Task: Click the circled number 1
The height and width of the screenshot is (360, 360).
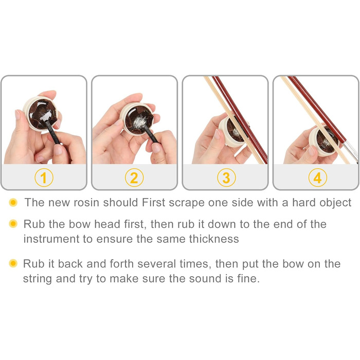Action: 44,177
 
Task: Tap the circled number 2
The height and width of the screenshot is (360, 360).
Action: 134,177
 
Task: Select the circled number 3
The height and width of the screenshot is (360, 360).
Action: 226,177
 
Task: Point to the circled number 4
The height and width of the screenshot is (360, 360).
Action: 317,177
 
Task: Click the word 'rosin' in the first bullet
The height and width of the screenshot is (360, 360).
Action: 86,203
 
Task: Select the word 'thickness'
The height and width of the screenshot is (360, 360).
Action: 214,239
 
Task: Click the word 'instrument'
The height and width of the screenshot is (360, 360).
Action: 51,239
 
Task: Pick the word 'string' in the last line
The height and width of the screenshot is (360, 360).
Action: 38,279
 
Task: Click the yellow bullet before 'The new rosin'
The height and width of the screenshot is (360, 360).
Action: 13,202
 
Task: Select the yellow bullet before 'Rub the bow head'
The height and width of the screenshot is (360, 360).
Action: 13,224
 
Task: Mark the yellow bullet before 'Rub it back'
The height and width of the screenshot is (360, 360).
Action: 13,263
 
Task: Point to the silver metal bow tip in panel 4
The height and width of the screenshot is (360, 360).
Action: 351,152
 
